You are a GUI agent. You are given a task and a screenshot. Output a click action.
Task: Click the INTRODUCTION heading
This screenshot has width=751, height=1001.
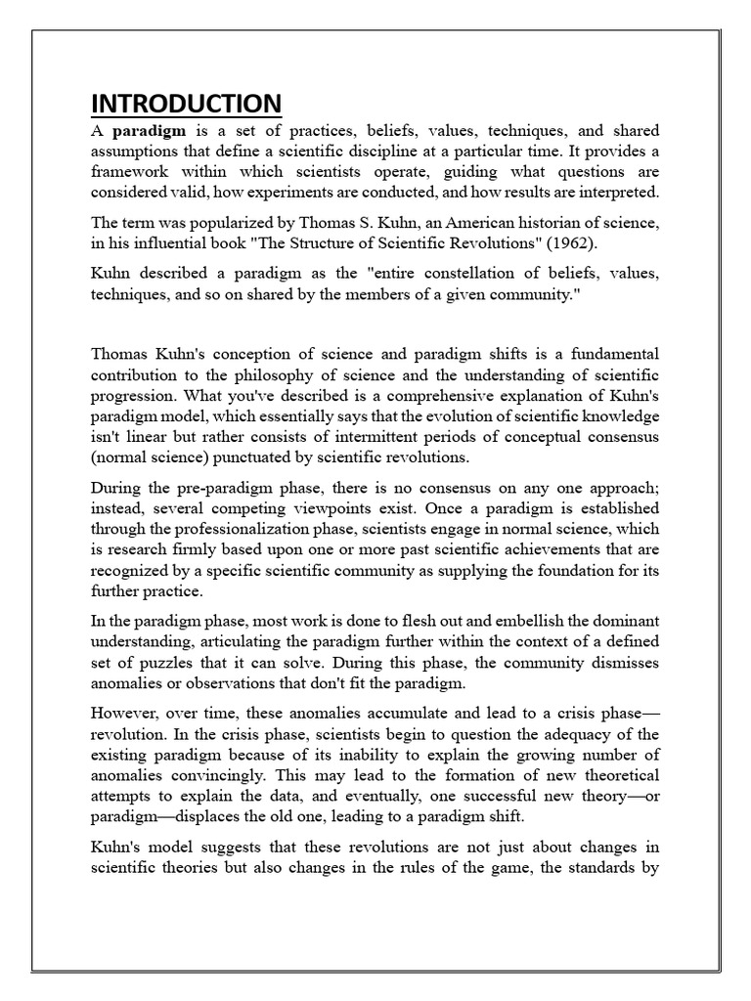(186, 103)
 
